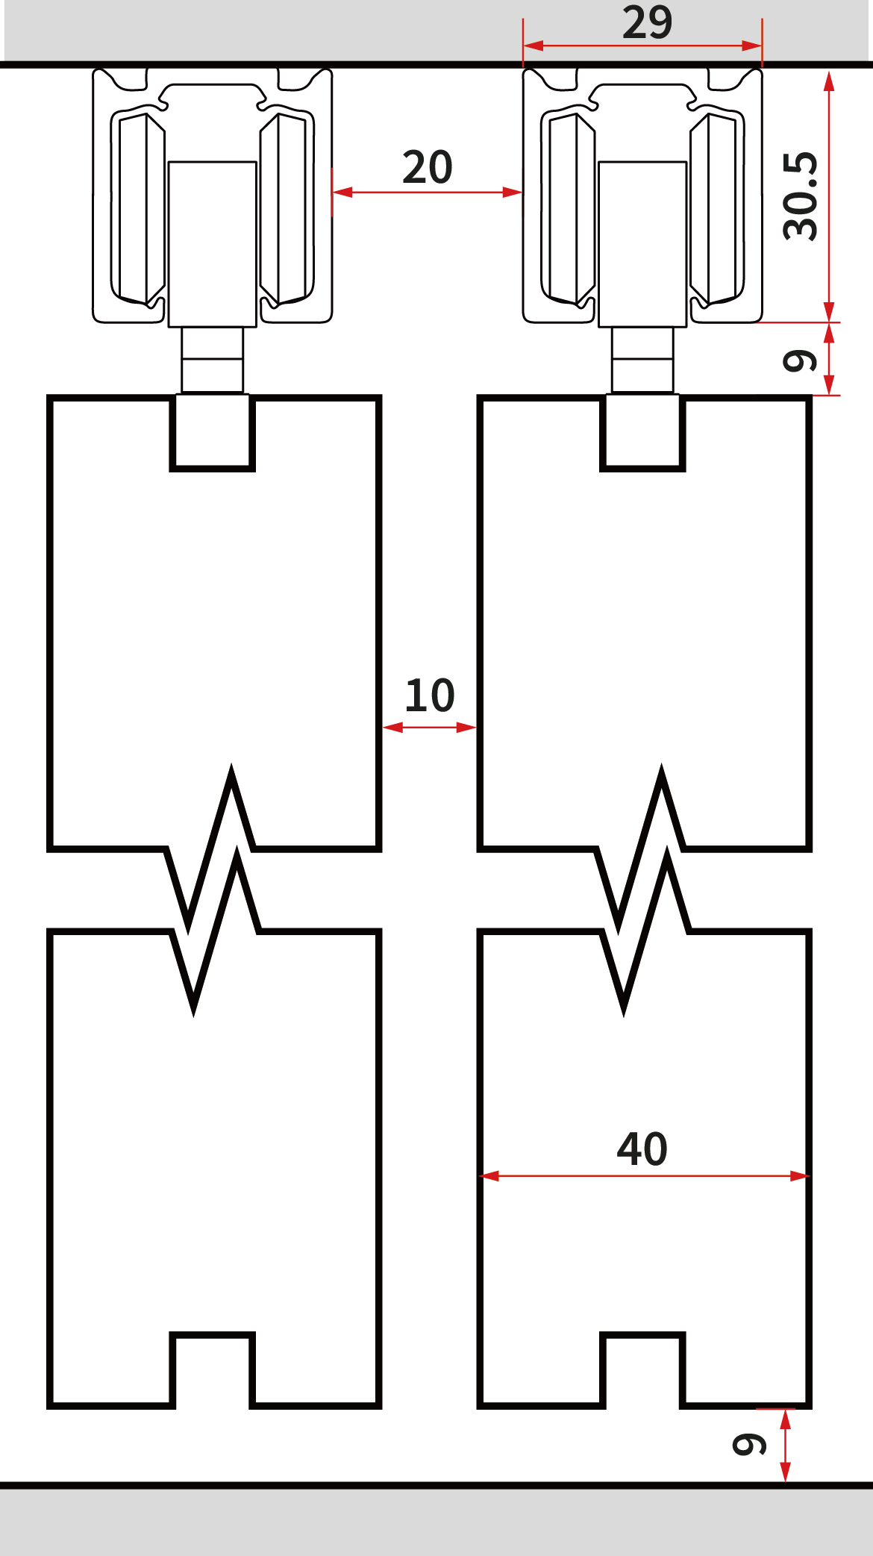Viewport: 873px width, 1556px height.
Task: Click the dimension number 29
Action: click(647, 22)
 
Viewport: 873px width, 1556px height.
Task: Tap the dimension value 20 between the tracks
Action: click(428, 167)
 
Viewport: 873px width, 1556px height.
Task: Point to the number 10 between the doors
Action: click(430, 696)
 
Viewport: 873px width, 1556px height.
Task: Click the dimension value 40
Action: click(642, 1149)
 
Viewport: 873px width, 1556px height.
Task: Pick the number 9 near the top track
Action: click(801, 360)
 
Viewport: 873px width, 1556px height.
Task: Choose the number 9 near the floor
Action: click(750, 1444)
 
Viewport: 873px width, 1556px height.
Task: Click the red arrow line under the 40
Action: click(644, 1176)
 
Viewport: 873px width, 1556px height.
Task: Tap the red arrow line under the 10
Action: click(429, 727)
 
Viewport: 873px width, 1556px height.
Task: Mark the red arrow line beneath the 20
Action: click(427, 193)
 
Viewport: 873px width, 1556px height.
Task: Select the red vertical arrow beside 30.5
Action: click(829, 197)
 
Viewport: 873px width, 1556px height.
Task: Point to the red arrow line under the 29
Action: click(642, 46)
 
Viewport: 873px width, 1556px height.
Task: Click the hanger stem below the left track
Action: click(213, 360)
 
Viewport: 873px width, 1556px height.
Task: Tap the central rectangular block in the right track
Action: click(642, 244)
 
